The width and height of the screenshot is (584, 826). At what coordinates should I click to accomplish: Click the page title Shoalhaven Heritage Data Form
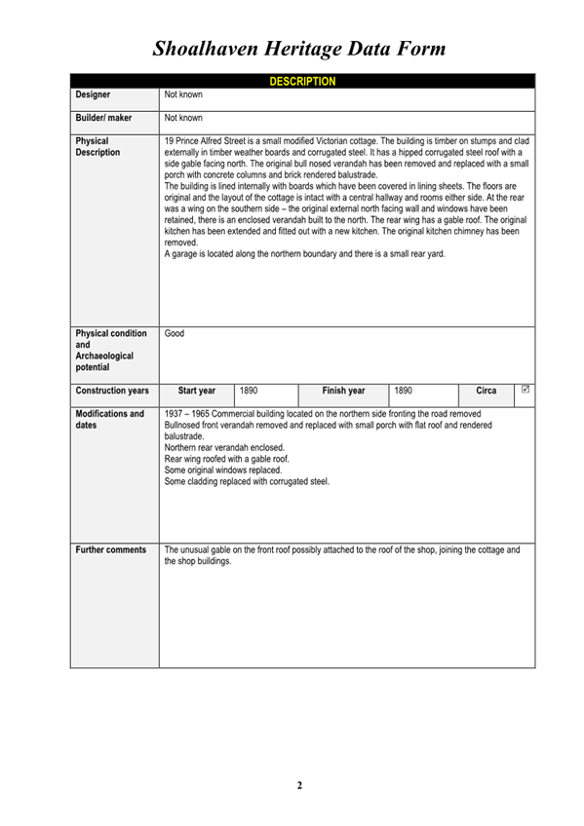point(299,48)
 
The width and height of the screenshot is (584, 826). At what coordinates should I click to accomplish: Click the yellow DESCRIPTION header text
point(302,81)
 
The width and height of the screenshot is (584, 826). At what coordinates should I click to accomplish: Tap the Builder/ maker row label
point(103,118)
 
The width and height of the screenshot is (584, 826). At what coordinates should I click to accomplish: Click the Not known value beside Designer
point(183,95)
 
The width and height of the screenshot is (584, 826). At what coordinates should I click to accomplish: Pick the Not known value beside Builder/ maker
point(183,118)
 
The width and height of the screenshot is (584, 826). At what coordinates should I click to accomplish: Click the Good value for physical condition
point(175,333)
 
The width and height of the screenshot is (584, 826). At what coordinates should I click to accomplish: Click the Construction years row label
point(112,391)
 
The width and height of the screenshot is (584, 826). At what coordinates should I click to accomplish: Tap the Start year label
point(197,391)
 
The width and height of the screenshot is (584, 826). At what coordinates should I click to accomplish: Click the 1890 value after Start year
point(249,391)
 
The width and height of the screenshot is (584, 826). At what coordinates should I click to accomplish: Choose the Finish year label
point(343,391)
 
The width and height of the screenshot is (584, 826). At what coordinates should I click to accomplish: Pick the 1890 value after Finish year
point(403,391)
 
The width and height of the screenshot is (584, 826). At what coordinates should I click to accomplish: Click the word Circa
point(486,391)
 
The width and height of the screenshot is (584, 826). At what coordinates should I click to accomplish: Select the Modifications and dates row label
point(109,420)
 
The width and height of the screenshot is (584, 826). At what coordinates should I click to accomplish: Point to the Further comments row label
point(110,550)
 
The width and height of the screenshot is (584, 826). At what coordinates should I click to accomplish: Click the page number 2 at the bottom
point(300,785)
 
